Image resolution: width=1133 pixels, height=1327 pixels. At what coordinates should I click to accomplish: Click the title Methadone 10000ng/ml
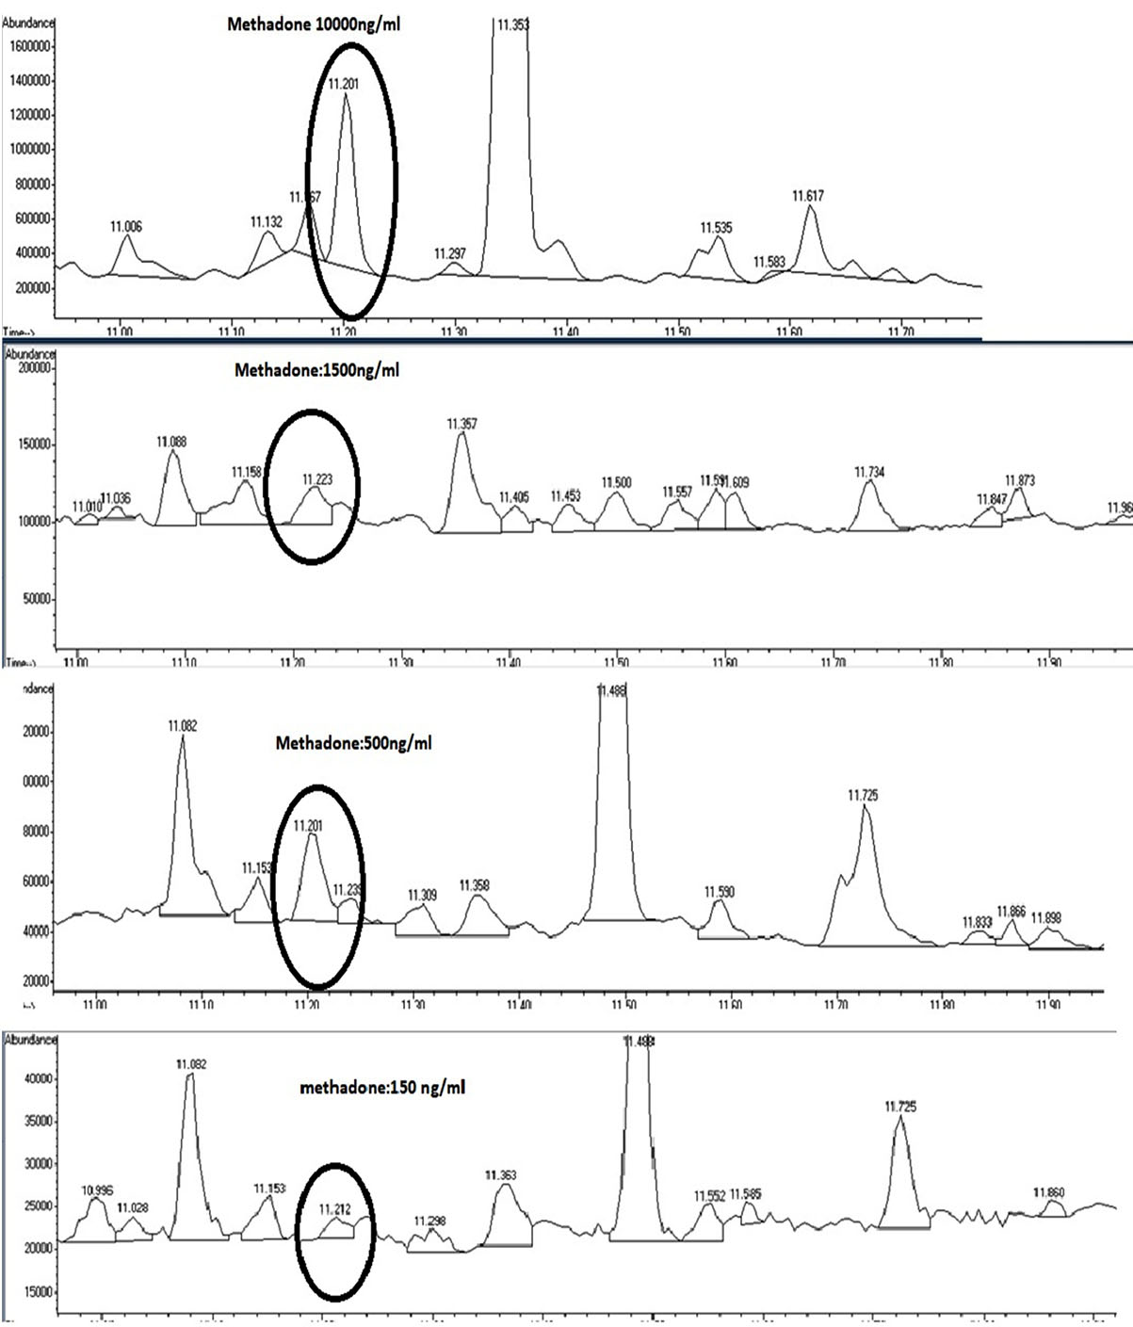coord(314,24)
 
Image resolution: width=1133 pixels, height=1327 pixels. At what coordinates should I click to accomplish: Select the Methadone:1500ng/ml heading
coord(316,370)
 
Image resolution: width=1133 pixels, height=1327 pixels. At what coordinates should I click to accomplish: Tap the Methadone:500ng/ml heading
coord(353,743)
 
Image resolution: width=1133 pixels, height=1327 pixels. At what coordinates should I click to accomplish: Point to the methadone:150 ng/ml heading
coord(382,1087)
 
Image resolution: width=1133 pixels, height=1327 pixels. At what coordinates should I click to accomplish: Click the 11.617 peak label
coord(808,196)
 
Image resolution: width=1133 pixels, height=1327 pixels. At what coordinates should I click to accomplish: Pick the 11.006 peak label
coord(126,226)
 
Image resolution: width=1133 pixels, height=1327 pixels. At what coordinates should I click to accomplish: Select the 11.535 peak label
coord(717,228)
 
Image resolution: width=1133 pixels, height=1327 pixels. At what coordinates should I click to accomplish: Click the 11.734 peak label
coord(870,472)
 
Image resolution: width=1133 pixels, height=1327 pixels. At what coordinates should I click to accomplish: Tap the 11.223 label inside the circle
coord(317,479)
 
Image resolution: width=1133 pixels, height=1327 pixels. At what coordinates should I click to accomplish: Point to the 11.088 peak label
coord(172,441)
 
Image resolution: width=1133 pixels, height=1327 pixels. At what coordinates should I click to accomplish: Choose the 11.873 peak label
coord(1020,480)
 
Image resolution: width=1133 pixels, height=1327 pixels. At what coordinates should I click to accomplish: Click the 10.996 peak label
coord(92,1188)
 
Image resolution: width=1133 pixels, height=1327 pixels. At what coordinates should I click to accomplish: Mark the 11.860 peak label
coord(1049,1193)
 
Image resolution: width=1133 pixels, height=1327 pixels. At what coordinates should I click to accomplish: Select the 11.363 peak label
coord(501,1174)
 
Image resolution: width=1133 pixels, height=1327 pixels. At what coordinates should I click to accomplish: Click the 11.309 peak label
coord(422,896)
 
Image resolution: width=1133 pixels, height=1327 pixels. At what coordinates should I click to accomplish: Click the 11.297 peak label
coord(450,254)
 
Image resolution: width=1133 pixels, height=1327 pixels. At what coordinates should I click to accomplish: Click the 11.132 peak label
coord(267,222)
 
